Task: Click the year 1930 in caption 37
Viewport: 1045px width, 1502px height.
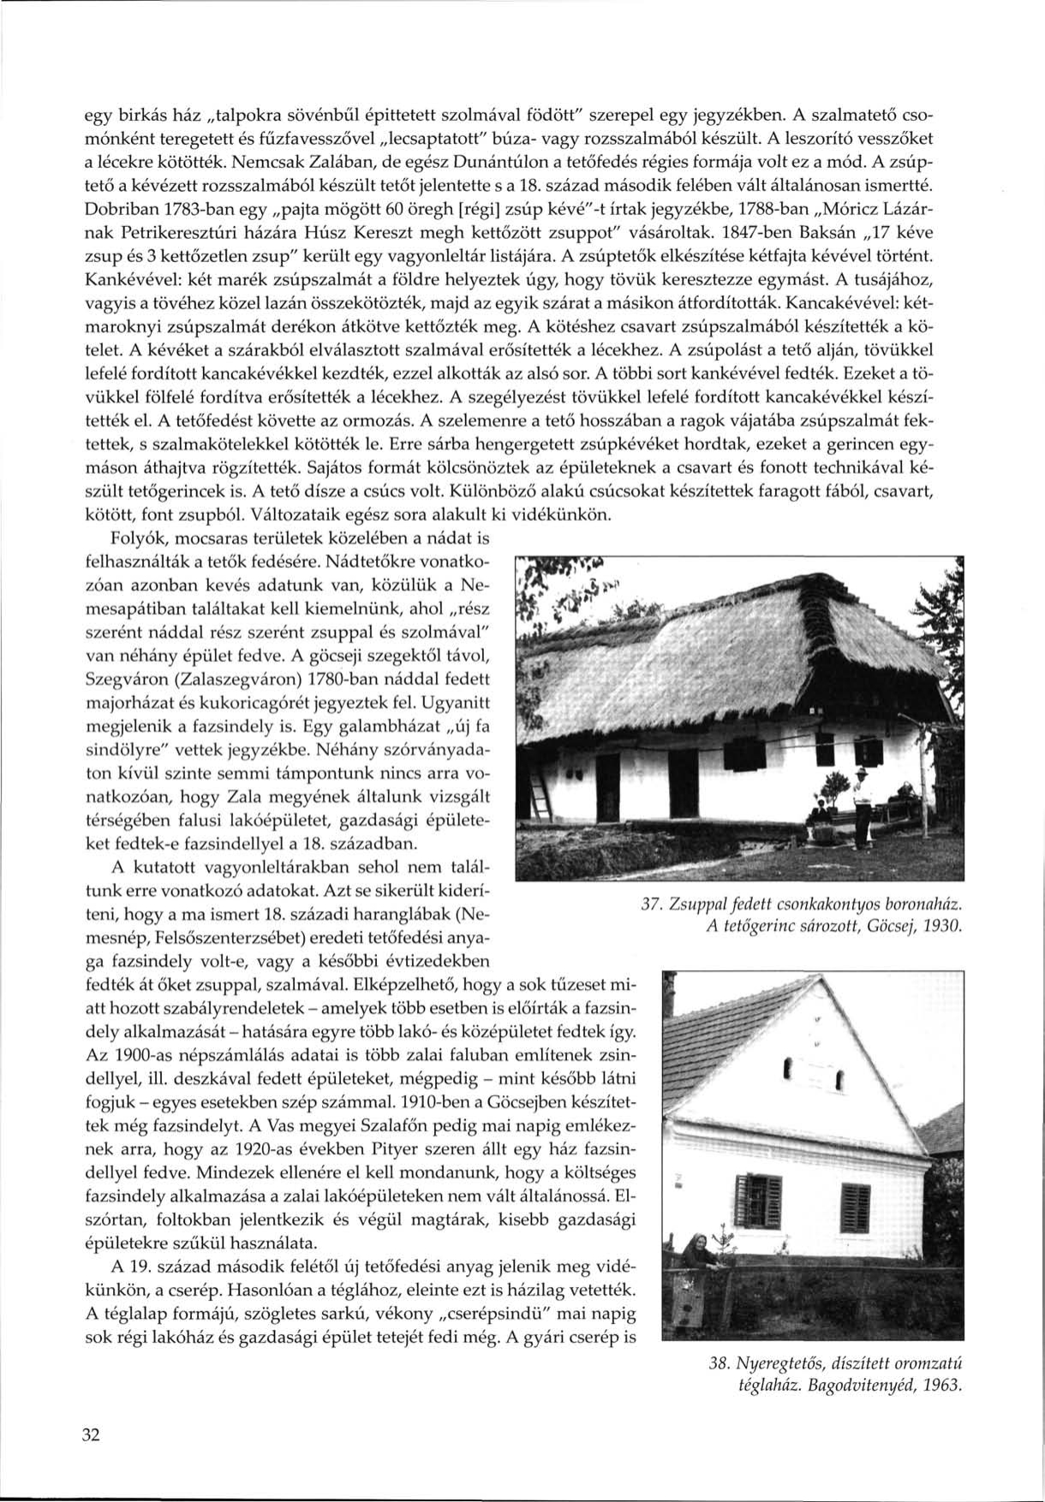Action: tap(945, 927)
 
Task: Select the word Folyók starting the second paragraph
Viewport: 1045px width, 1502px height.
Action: tap(137, 540)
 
